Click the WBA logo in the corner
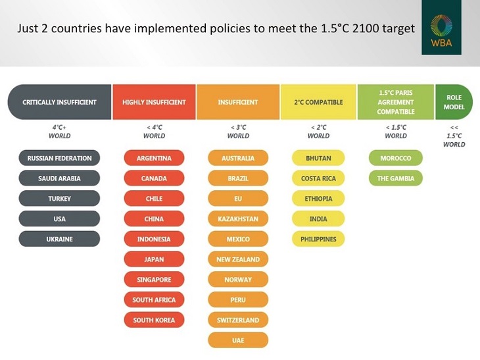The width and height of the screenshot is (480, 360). point(441,32)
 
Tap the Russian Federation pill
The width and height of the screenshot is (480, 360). point(59,158)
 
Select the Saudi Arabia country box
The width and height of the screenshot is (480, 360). point(59,178)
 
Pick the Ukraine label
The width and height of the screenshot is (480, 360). point(59,239)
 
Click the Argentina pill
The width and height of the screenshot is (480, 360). point(154,158)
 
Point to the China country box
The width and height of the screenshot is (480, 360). point(154,219)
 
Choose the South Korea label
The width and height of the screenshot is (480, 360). point(154,320)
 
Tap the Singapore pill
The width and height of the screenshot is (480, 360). point(154,280)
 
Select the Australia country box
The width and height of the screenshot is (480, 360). point(238,158)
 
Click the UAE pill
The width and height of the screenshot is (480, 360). point(238,340)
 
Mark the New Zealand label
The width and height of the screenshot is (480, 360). point(238,259)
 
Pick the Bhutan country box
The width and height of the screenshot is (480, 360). point(318,158)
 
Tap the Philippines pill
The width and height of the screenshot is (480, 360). point(318,239)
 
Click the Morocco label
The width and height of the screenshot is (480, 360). point(396,158)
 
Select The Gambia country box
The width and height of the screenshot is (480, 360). point(396,178)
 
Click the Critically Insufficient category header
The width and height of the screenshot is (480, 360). point(59,102)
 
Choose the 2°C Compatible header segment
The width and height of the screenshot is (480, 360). point(318,102)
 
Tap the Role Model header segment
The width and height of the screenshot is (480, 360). point(454,102)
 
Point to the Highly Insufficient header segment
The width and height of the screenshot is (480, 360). point(154,102)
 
